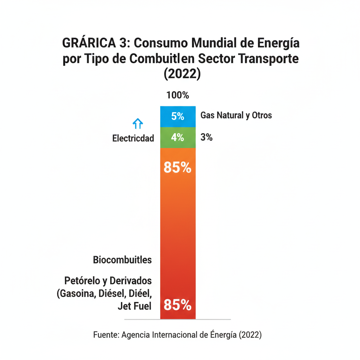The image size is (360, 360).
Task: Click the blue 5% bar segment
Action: (178, 116)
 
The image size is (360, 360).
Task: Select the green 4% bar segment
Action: (178, 137)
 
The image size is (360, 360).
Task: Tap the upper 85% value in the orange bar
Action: (178, 168)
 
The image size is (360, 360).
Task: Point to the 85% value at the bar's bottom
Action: (178, 305)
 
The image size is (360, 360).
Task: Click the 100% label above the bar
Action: (178, 95)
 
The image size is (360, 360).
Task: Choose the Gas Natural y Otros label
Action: (236, 115)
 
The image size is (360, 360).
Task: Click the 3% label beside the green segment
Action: (206, 137)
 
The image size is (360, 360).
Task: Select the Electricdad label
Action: (133, 138)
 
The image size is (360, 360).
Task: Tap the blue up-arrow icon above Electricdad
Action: (137, 123)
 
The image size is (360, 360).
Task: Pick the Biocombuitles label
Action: (122, 260)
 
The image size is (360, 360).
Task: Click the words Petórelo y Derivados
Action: (108, 281)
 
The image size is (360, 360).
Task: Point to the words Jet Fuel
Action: (135, 306)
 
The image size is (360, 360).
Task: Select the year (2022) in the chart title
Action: (182, 74)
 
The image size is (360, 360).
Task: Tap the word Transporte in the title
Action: (267, 59)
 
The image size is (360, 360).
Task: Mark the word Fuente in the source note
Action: (105, 335)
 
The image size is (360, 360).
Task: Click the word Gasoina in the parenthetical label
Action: (78, 294)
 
